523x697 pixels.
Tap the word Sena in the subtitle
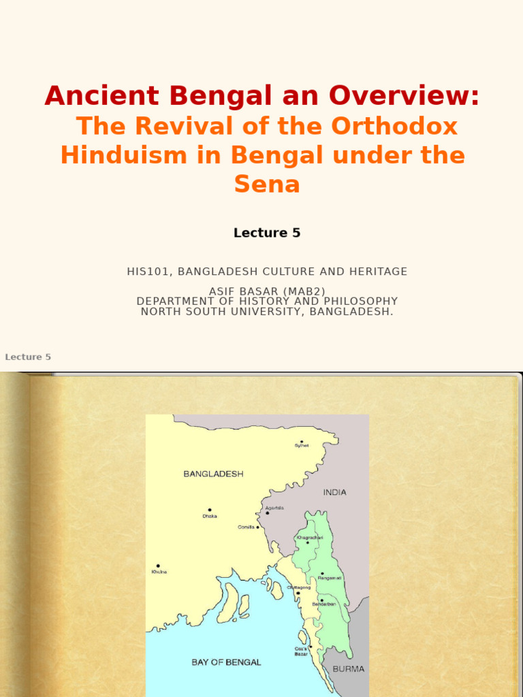pyautogui.click(x=267, y=184)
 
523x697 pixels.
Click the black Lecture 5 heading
pyautogui.click(x=267, y=233)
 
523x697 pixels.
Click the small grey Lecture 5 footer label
pyautogui.click(x=28, y=357)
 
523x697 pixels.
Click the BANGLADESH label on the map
pyautogui.click(x=213, y=474)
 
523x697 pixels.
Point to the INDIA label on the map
pyautogui.click(x=334, y=492)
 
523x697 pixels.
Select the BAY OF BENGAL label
pyautogui.click(x=225, y=662)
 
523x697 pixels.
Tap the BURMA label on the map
pyautogui.click(x=348, y=669)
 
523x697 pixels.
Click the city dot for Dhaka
pyautogui.click(x=210, y=510)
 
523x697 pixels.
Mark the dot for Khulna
pyautogui.click(x=158, y=566)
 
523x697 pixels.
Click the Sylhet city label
pyautogui.click(x=301, y=446)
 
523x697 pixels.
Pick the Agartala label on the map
pyautogui.click(x=274, y=508)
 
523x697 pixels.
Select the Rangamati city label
pyautogui.click(x=330, y=578)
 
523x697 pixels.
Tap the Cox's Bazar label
pyautogui.click(x=302, y=651)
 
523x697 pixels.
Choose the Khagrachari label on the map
pyautogui.click(x=309, y=538)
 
